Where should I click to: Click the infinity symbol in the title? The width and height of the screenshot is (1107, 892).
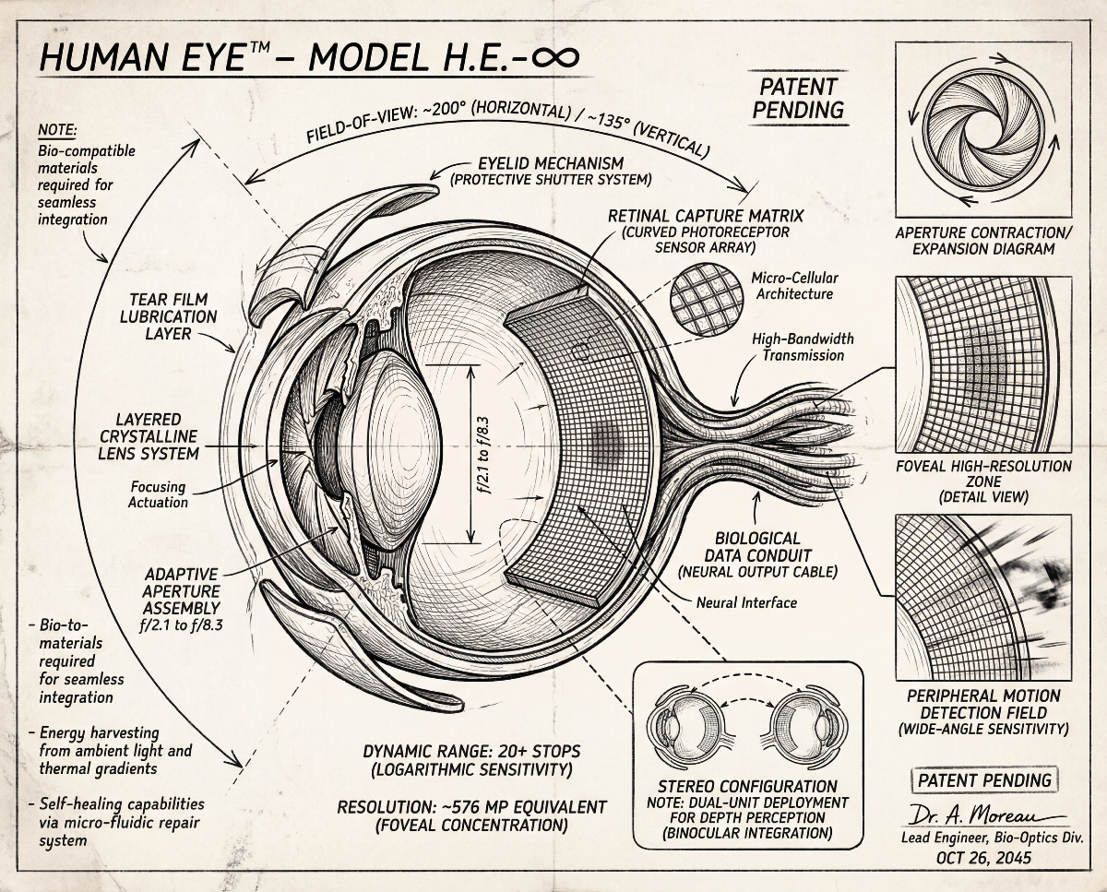click(x=555, y=57)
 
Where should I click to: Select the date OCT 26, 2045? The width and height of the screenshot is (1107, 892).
click(x=983, y=858)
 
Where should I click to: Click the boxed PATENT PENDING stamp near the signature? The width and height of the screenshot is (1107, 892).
click(x=984, y=780)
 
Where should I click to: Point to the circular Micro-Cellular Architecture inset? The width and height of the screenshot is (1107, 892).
click(x=707, y=300)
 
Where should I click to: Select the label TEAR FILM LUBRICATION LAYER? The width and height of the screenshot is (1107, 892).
click(x=169, y=316)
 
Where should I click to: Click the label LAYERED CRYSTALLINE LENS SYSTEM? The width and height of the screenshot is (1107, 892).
click(x=149, y=436)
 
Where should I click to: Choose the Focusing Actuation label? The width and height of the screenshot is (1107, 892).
click(x=159, y=494)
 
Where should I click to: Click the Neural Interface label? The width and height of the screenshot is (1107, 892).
click(x=746, y=602)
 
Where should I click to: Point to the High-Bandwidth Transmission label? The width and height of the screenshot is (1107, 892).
click(x=803, y=347)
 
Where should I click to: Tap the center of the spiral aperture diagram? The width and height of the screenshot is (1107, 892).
click(x=983, y=130)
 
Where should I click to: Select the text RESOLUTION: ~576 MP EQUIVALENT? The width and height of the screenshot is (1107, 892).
click(x=472, y=807)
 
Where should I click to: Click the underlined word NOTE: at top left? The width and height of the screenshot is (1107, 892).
click(x=56, y=130)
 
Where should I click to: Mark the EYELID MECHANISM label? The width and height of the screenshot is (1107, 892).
click(x=551, y=163)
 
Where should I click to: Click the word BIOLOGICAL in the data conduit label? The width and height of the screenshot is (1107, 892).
click(x=757, y=539)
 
